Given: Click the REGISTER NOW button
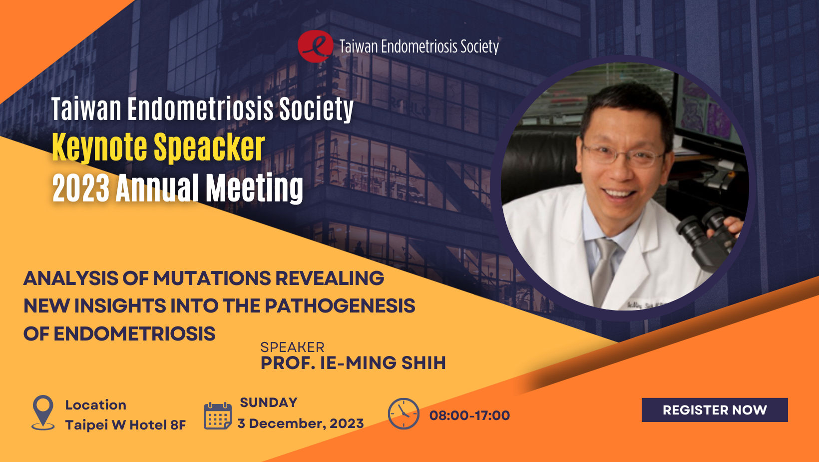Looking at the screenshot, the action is (x=715, y=409).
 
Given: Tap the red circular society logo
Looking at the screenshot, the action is (x=315, y=46).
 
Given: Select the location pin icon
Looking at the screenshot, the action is (x=43, y=412).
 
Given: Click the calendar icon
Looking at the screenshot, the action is (x=218, y=415).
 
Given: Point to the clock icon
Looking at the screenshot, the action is (x=404, y=413).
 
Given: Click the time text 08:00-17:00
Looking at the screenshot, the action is (x=469, y=415).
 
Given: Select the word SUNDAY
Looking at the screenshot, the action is (x=268, y=402).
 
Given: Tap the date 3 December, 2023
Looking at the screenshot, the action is (x=301, y=423).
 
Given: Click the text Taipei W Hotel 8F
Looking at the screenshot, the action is (x=125, y=425).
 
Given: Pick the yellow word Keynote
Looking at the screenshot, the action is (x=99, y=147).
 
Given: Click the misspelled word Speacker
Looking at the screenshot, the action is (x=209, y=147).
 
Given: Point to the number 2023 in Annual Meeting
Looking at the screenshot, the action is (x=81, y=188).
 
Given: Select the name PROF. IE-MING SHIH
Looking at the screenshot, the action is (x=353, y=363).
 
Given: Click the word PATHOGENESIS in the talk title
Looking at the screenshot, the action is (x=340, y=305).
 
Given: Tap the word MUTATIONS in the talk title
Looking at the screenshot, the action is (x=212, y=278).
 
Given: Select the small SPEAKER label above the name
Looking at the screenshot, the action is (x=292, y=347).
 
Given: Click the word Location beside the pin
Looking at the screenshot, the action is (x=96, y=405).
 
